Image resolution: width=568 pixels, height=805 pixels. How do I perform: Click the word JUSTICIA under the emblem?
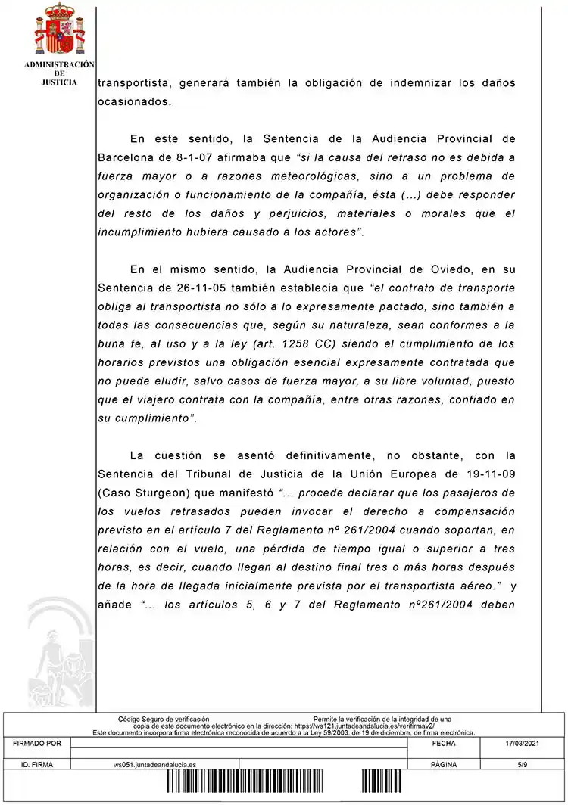(59, 82)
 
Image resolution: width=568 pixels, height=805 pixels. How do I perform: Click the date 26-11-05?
(189, 287)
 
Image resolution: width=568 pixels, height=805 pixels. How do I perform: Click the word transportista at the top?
(133, 83)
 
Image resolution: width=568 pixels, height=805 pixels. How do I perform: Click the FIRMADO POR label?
(37, 744)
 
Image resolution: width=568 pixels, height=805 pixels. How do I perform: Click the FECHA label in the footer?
(443, 744)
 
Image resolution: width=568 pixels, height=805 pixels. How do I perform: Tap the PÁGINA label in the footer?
(443, 765)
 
